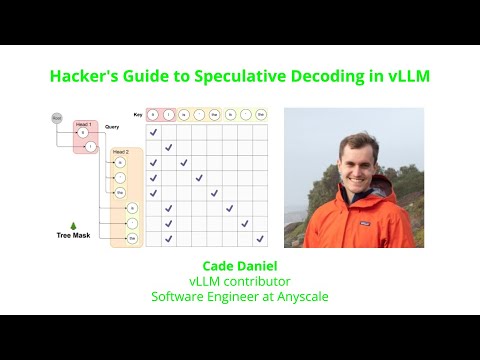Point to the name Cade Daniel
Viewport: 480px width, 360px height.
click(240, 267)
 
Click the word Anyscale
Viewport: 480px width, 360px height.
click(298, 296)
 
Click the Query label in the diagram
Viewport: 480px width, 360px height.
click(112, 127)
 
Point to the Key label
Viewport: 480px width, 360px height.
click(138, 115)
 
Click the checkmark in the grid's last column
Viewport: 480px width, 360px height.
click(259, 239)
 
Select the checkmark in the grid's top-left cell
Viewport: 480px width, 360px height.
click(153, 132)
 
